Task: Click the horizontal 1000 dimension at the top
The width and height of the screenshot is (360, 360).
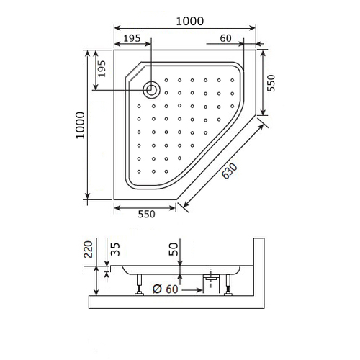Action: coord(190,21)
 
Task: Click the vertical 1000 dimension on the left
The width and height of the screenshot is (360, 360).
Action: coord(81,125)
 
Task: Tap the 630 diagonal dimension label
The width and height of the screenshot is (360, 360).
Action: coord(230,171)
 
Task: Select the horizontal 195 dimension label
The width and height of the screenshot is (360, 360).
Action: coord(132,38)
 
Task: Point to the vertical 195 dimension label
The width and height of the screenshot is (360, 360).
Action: coord(102,68)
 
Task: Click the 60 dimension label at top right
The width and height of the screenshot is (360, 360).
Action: coord(225,38)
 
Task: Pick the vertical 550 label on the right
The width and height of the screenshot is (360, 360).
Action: coord(271,83)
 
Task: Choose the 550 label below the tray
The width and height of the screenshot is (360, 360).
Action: coord(146,214)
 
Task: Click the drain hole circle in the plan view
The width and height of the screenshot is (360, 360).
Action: coord(151,89)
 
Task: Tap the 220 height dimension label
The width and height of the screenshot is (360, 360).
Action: coord(88,249)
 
